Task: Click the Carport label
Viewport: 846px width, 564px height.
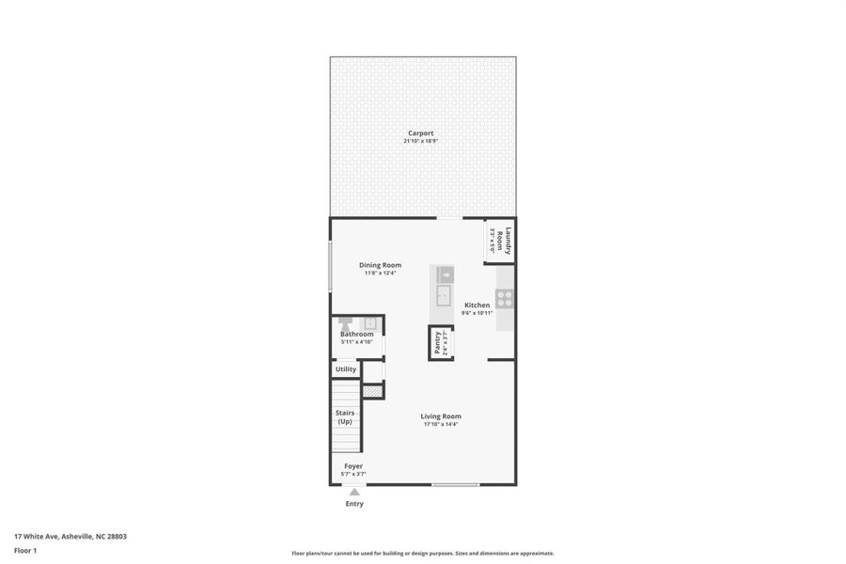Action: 420,133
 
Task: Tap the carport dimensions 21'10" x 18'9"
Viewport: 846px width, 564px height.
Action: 420,141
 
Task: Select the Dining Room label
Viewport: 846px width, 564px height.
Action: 380,265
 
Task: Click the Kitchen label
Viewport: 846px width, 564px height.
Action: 477,305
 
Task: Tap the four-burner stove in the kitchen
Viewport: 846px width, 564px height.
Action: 505,298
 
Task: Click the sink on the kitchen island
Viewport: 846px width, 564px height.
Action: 446,274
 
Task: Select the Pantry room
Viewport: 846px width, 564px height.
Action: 437,343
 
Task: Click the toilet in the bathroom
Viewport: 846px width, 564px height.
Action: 346,322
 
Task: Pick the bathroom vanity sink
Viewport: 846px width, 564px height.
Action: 370,322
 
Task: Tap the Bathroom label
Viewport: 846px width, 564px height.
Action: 356,334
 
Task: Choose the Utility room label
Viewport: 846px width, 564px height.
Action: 346,369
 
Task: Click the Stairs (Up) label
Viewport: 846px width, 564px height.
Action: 345,416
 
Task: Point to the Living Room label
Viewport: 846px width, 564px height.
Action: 440,415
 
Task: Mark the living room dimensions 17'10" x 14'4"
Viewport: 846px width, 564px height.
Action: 440,424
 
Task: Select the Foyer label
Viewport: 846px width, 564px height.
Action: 353,465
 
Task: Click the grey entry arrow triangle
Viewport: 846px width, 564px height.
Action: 354,492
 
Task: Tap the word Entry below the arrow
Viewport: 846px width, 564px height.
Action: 354,504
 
